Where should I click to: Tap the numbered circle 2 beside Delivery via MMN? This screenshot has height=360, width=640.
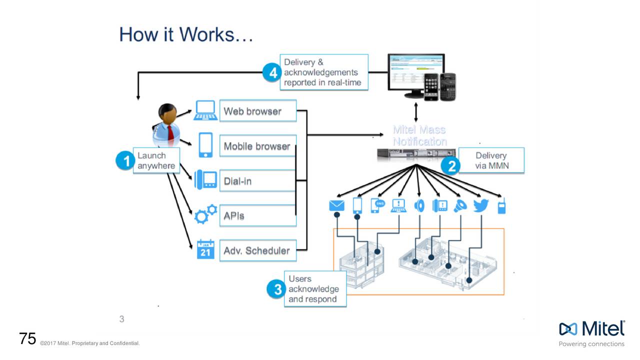coord(451,165)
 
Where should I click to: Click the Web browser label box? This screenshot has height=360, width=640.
coord(257,111)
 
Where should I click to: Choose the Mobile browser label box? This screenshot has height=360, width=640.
coord(257,146)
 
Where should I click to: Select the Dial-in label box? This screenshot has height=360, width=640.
coord(257,181)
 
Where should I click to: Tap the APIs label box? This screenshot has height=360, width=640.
coord(257,216)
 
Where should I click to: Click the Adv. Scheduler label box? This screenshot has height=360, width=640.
coord(257,250)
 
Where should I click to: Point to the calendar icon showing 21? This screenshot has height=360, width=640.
coord(205,249)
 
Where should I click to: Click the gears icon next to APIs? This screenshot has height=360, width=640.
coord(205,213)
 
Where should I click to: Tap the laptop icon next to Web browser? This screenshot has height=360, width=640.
coord(205,110)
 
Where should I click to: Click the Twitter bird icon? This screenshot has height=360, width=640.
coord(480,206)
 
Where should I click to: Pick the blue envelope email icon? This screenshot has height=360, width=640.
coord(337,206)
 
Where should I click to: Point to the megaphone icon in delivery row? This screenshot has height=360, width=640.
coord(459,206)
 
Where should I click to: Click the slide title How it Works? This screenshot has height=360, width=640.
coord(186,35)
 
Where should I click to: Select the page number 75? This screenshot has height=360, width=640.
coord(27,339)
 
